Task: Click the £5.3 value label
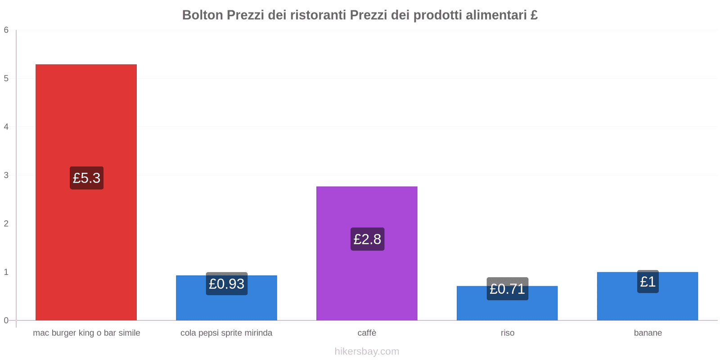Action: [86, 178]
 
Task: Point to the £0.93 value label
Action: [226, 284]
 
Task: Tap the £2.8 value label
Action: [367, 239]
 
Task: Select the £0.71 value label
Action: [507, 289]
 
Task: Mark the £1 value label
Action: [648, 282]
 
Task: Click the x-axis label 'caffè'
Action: [367, 333]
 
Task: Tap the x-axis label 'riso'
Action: [507, 333]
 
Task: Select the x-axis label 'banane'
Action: [648, 333]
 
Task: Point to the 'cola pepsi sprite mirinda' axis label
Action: [226, 333]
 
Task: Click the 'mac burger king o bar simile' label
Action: [86, 333]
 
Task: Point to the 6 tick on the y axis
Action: [6, 30]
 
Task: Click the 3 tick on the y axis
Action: [6, 175]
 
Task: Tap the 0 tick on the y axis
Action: [6, 320]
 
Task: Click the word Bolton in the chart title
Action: [202, 15]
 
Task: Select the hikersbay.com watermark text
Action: [367, 351]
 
